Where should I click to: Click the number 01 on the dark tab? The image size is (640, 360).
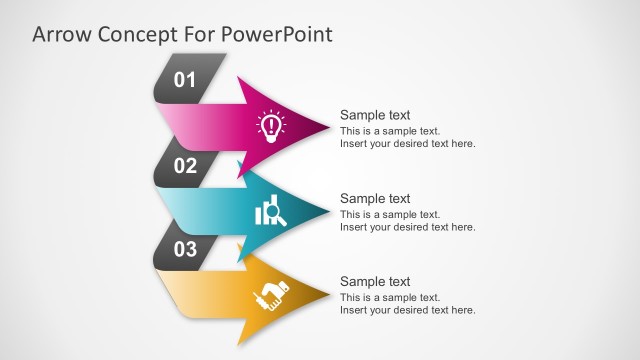tap(186, 80)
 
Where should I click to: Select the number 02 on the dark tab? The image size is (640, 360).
tap(186, 166)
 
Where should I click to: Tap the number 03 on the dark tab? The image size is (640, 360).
tap(186, 250)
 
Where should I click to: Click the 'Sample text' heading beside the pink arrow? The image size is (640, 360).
tap(375, 115)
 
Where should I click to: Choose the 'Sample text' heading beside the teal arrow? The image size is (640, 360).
tap(375, 199)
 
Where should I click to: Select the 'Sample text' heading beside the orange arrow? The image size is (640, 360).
tap(375, 282)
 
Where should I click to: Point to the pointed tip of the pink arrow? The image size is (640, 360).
tap(327, 126)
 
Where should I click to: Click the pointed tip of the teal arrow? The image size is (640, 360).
tap(327, 210)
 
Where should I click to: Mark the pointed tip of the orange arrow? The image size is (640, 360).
tap(327, 293)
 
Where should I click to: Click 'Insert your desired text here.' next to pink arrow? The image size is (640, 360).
tap(407, 144)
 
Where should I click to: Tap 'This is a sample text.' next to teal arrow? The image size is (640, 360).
tap(390, 214)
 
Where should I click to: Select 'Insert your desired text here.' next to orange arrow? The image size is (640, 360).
tap(407, 311)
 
